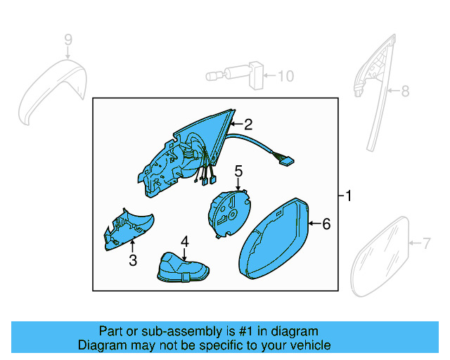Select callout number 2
tap(247, 124)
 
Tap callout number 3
tap(133, 261)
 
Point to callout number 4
tap(184, 242)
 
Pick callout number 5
tap(238, 170)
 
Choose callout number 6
tap(326, 224)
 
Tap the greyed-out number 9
tap(68, 40)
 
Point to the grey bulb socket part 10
tap(239, 75)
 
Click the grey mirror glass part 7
tap(380, 253)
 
